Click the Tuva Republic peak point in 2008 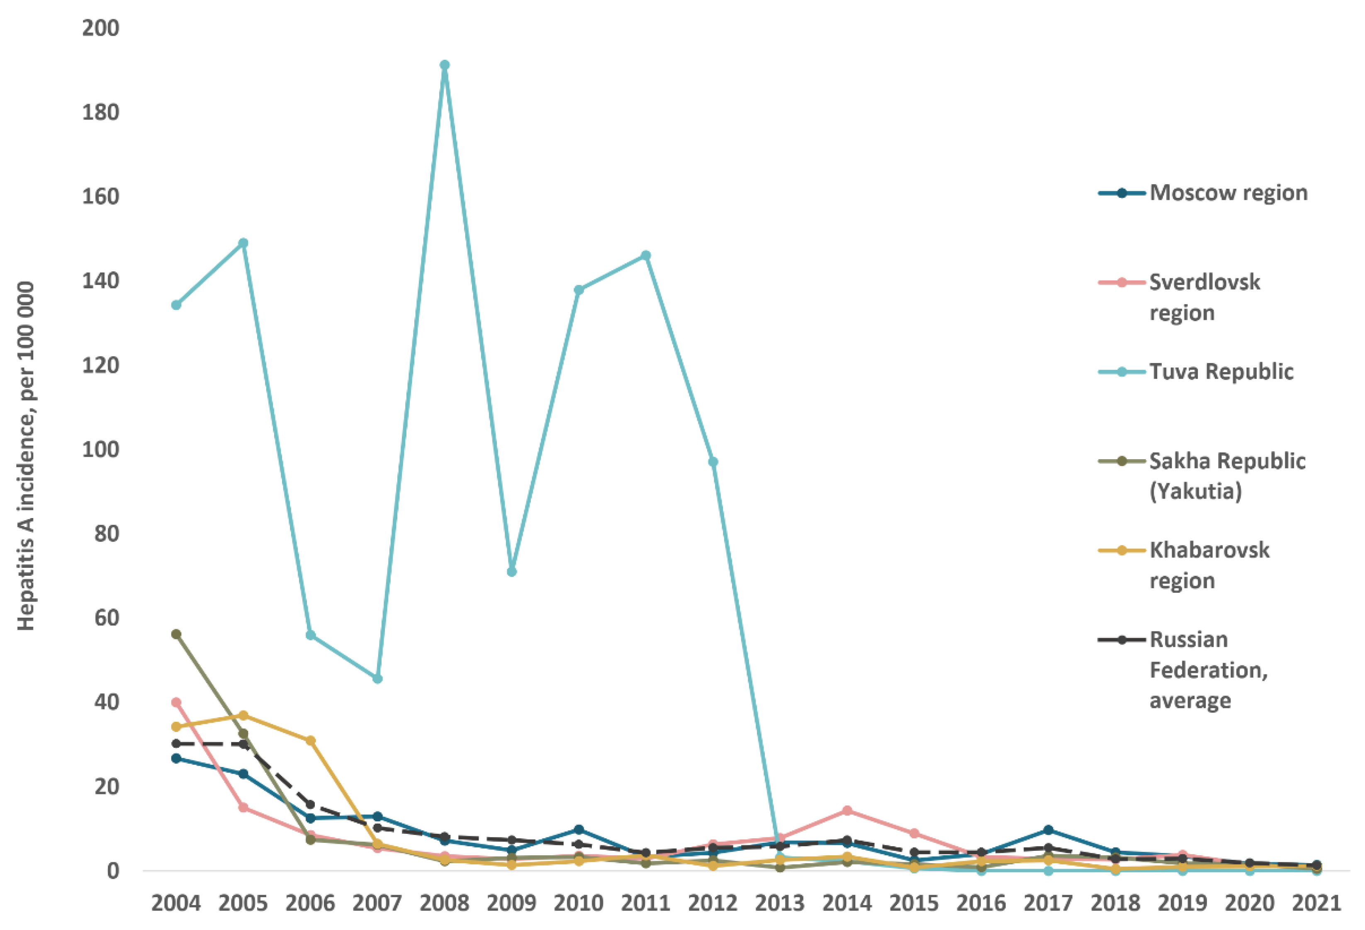(445, 65)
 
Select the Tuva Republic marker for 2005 (243, 243)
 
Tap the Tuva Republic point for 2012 (713, 462)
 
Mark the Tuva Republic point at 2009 (511, 572)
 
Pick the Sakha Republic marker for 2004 (176, 634)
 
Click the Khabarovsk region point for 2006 (310, 741)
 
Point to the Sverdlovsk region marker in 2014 (847, 811)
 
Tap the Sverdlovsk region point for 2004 (176, 702)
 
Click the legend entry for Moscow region (1228, 193)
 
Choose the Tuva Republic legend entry (1221, 371)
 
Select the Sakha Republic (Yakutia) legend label (1226, 476)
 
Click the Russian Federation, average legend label (1207, 670)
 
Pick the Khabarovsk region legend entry (1209, 565)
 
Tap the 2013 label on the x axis (779, 903)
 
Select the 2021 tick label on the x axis (1316, 903)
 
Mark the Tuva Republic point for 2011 (645, 256)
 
